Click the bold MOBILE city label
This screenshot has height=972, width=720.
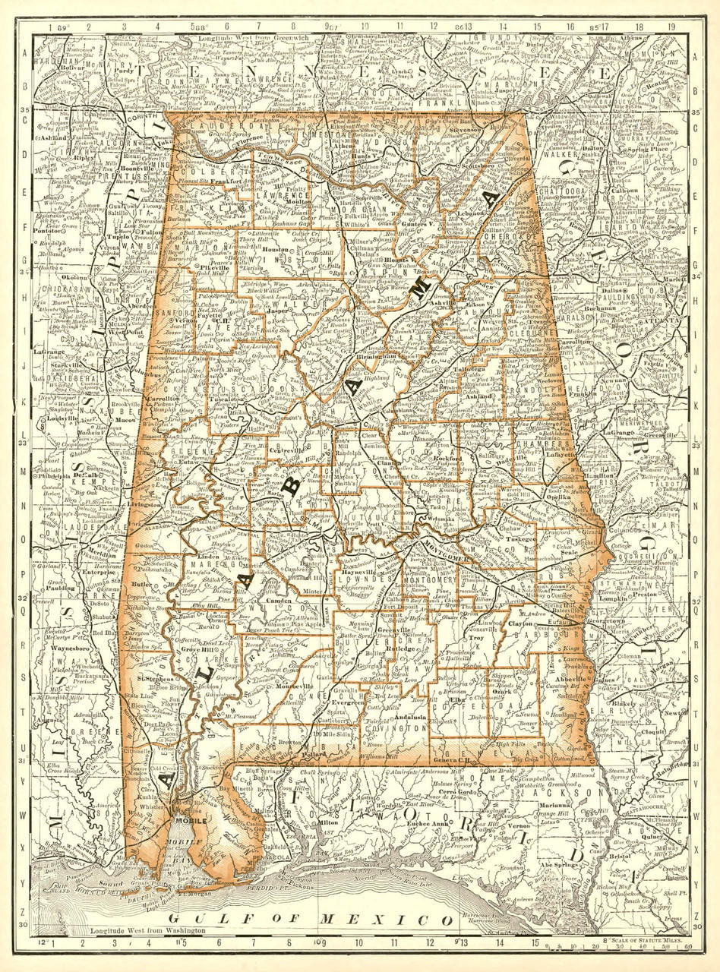(x=190, y=821)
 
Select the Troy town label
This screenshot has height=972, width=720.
(x=477, y=639)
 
